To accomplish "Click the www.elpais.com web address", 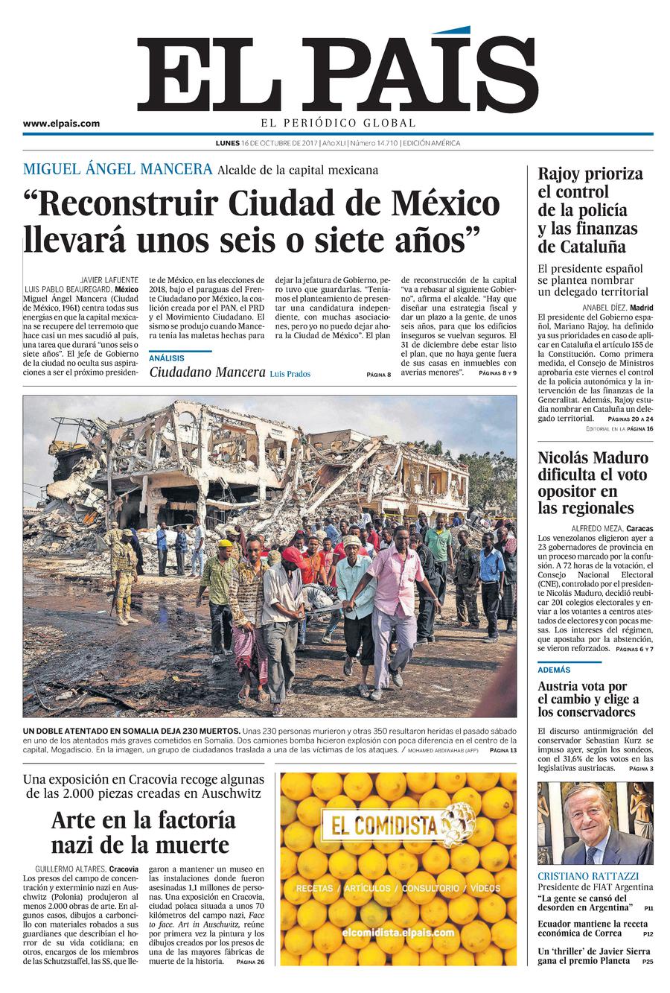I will (61, 124).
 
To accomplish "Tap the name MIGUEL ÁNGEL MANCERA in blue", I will (118, 169).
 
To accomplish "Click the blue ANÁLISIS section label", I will (167, 358).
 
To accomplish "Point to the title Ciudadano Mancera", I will (207, 372).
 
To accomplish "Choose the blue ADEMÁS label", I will (554, 670).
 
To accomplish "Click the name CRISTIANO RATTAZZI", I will (588, 876).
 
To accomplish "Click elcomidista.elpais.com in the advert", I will (398, 933).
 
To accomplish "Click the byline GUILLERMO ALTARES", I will (70, 869).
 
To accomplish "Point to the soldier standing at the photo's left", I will (122, 574).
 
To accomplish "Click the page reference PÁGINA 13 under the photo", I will (502, 751).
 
